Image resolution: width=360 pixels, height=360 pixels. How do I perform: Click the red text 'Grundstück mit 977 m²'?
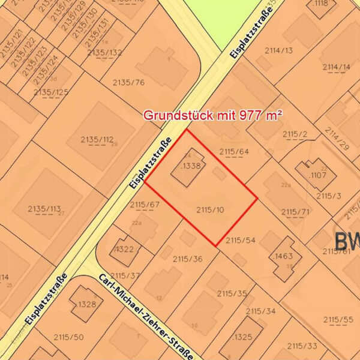click(212, 115)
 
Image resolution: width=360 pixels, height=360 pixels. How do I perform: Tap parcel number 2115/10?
click(210, 209)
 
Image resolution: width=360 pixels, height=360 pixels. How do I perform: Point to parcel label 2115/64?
click(234, 151)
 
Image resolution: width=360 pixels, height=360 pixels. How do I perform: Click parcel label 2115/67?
click(145, 205)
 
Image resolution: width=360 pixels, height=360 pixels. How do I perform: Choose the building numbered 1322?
click(125, 249)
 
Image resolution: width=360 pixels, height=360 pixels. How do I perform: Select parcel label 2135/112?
click(97, 140)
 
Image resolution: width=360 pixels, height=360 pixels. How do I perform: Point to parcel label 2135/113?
click(44, 209)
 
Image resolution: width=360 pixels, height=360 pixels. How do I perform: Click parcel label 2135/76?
click(128, 82)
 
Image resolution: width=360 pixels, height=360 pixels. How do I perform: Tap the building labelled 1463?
click(284, 256)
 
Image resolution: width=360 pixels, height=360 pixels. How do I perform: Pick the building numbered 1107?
click(317, 176)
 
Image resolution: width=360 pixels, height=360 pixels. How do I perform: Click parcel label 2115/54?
click(241, 240)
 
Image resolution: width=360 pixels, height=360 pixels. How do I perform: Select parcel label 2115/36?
click(187, 259)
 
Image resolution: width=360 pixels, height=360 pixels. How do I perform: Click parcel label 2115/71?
click(295, 212)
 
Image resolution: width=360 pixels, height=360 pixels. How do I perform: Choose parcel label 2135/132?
click(104, 52)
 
